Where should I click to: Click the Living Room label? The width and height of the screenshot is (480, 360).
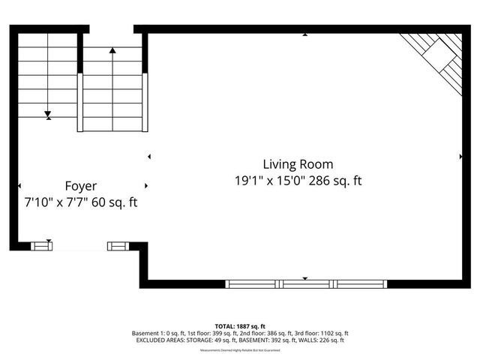click(298, 163)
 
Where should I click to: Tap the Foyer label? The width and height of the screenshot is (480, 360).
click(80, 185)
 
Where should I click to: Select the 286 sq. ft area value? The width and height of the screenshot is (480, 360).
click(334, 181)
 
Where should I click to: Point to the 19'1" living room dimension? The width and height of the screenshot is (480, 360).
click(249, 181)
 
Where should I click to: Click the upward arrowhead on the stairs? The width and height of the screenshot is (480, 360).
click(112, 50)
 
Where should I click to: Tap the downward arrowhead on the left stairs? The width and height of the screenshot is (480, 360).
click(48, 115)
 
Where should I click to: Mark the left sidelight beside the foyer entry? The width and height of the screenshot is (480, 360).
click(42, 244)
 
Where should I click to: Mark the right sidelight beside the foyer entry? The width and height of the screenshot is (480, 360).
click(118, 244)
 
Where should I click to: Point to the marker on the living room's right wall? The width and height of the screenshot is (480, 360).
click(460, 157)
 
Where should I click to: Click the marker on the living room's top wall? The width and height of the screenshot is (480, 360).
click(305, 34)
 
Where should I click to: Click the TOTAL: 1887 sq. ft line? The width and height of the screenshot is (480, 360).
click(240, 326)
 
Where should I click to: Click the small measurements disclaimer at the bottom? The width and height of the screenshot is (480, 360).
click(240, 350)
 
